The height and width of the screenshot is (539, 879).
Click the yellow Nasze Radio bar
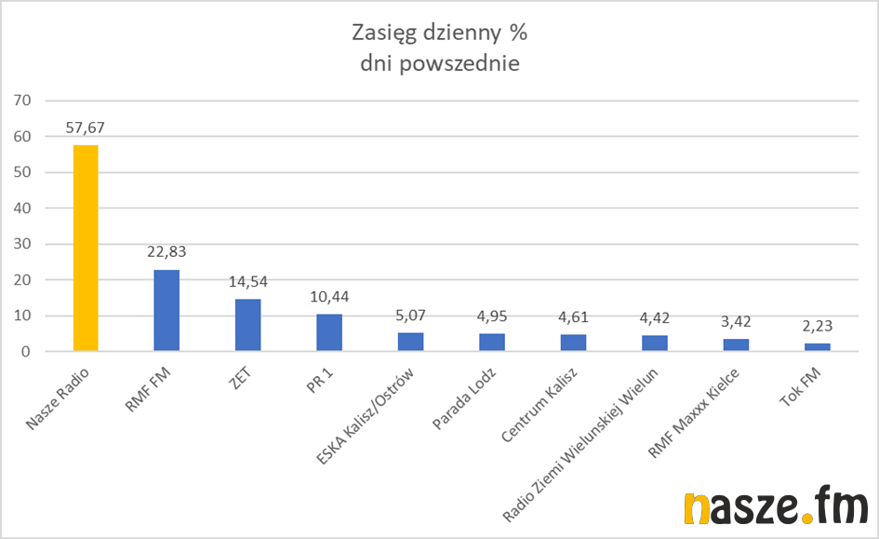point(85,249)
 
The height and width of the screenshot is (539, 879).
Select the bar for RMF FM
point(166,311)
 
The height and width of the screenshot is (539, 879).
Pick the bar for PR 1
point(329,333)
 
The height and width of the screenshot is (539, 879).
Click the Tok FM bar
point(817,347)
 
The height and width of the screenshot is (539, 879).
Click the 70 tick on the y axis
point(22,101)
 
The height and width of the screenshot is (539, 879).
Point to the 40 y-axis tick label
point(22,209)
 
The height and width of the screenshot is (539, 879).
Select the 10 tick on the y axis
point(22,317)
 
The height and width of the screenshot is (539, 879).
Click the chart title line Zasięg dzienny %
point(439,34)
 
